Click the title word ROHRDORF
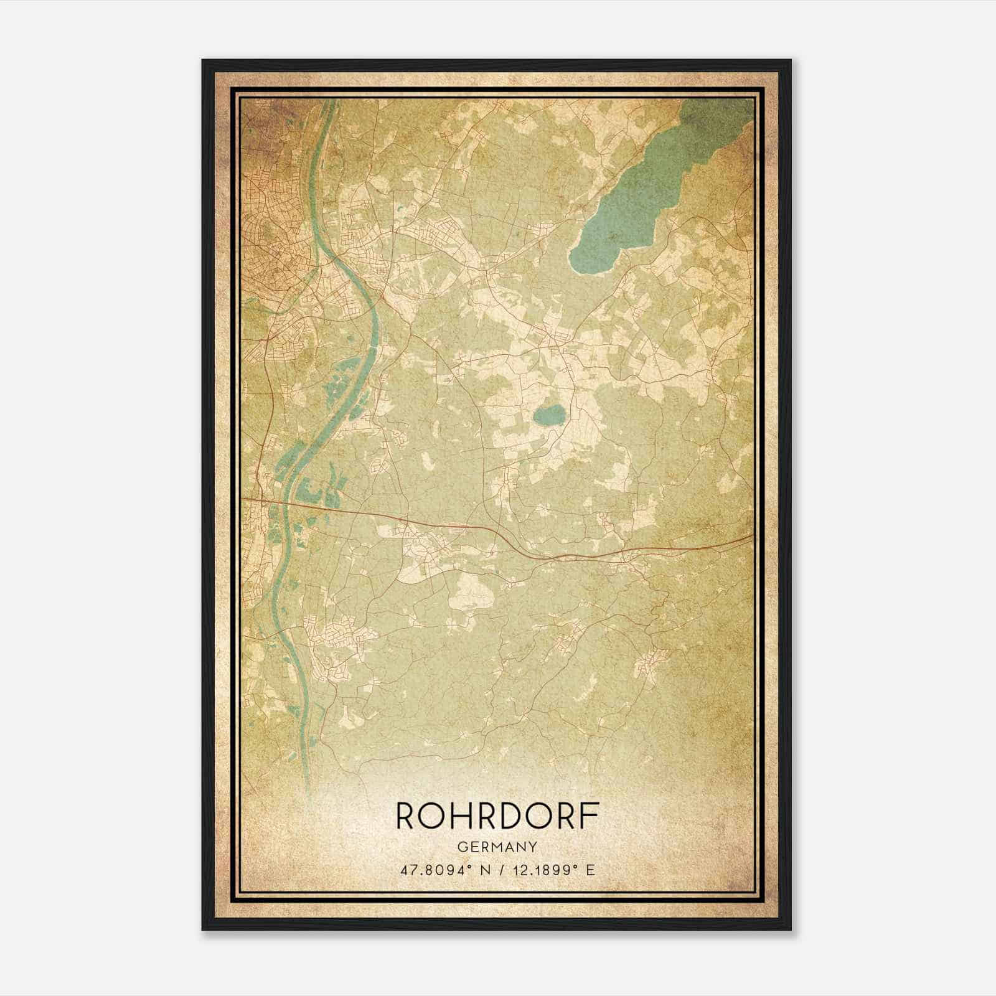pyautogui.click(x=497, y=815)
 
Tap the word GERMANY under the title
pyautogui.click(x=497, y=847)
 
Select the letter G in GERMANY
pyautogui.click(x=461, y=847)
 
